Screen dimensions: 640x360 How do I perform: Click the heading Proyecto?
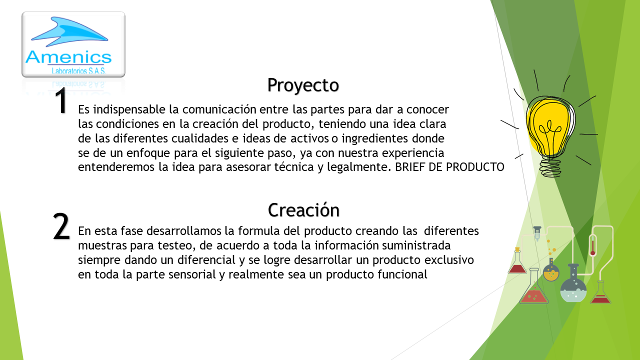(x=303, y=85)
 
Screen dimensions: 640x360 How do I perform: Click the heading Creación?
(x=303, y=210)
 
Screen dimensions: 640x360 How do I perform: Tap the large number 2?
(x=61, y=226)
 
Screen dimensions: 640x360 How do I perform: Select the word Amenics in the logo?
(x=68, y=57)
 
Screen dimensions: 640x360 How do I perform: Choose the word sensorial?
(x=192, y=274)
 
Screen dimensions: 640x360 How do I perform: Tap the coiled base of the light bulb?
(x=550, y=167)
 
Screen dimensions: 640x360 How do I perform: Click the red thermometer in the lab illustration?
(x=592, y=245)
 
